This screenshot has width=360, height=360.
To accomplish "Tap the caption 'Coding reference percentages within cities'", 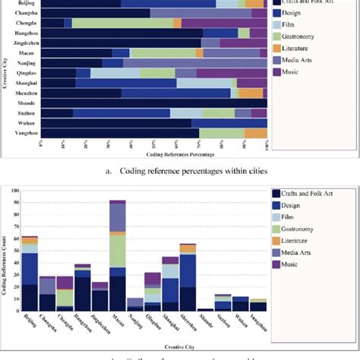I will point(180,171).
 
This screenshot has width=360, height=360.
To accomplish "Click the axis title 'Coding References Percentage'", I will point(155,155).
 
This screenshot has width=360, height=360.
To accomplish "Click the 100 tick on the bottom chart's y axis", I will point(16,202).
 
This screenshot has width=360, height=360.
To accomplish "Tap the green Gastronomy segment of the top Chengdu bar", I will point(122,24).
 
